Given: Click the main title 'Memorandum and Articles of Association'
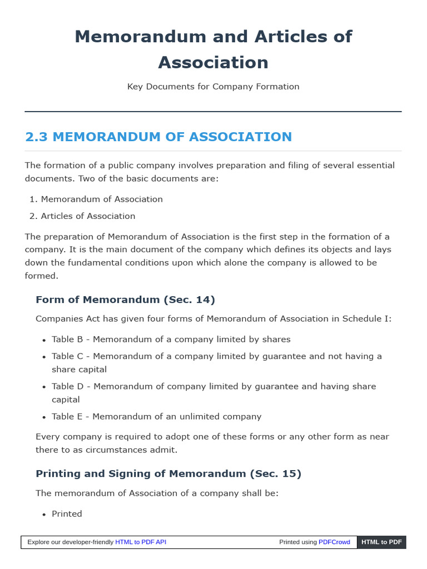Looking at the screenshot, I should click(213, 49).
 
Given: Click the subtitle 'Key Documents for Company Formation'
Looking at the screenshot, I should click(213, 87).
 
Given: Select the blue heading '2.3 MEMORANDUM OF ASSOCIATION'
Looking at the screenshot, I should click(158, 137).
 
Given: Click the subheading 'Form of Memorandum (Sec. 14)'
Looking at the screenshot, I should click(125, 300).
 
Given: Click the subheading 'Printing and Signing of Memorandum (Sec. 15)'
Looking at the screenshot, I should click(168, 473).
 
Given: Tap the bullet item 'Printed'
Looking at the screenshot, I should click(67, 513).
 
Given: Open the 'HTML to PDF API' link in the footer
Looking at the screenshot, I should click(141, 542).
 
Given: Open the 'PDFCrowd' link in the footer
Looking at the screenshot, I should click(334, 542).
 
